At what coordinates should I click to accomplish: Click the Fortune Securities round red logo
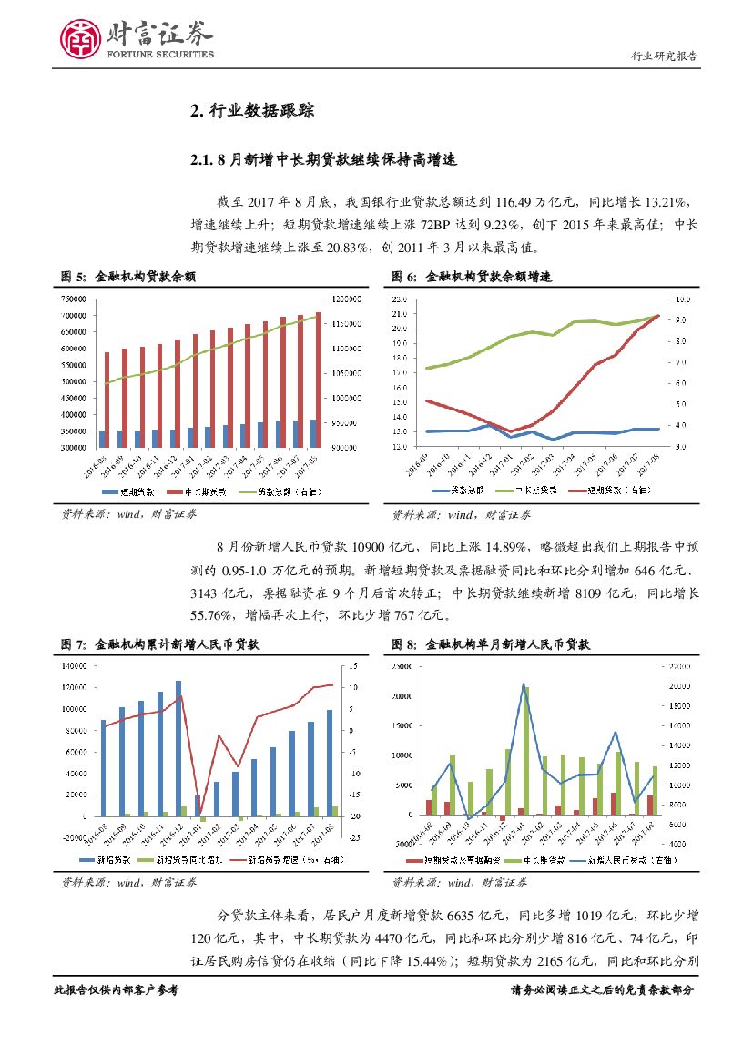tap(80, 38)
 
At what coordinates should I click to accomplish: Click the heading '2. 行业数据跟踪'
tap(252, 112)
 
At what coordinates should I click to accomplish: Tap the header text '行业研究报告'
tap(665, 56)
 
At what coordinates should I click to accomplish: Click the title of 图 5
tap(127, 276)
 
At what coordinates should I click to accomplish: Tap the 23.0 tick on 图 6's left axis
tap(401, 299)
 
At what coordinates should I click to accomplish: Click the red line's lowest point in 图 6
tap(512, 431)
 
